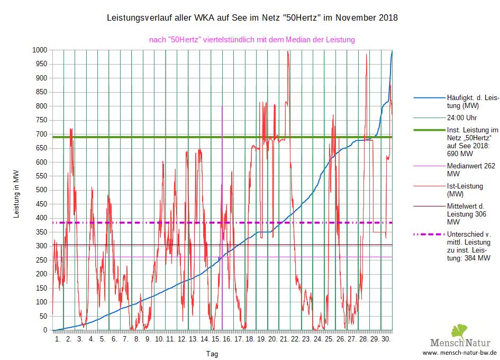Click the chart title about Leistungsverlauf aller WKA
[252, 18]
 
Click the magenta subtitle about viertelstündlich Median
[252, 39]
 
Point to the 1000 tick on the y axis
[40, 50]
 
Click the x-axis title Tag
[211, 353]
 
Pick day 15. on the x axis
[216, 338]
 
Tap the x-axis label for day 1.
[58, 338]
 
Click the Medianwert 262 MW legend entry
[471, 169]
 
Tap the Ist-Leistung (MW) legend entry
[465, 190]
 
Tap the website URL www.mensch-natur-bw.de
[460, 352]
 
